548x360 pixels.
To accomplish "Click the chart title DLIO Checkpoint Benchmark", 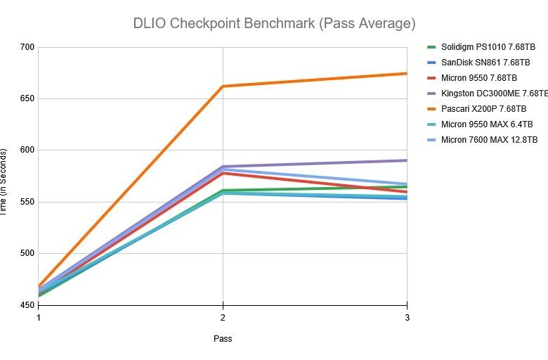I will coord(274,23).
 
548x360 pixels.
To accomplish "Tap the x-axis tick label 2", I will coord(223,318).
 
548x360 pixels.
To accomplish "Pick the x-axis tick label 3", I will coord(407,318).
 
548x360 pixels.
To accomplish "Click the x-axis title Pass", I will coord(223,339).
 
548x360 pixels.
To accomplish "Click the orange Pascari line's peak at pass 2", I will coord(223,86).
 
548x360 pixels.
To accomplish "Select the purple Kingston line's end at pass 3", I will coord(406,160).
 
